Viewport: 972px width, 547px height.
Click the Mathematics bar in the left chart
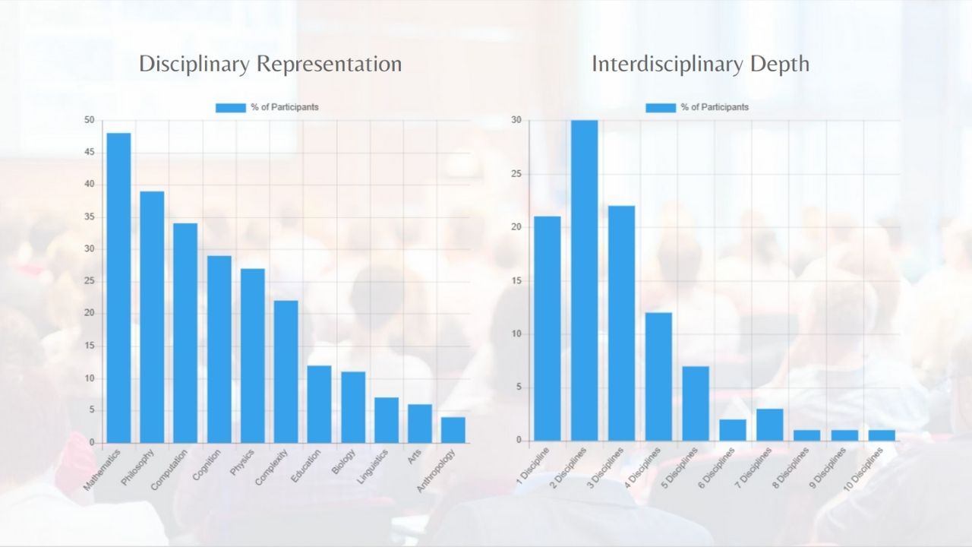pyautogui.click(x=118, y=288)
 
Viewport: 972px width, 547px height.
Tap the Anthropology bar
pyautogui.click(x=453, y=430)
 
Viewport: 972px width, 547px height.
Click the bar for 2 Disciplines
pyautogui.click(x=584, y=280)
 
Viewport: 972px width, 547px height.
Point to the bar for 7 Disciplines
pyautogui.click(x=770, y=425)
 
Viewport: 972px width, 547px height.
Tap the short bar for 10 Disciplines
pyautogui.click(x=881, y=435)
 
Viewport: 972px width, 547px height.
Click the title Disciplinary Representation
pyautogui.click(x=270, y=64)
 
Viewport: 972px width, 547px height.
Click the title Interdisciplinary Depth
pyautogui.click(x=700, y=64)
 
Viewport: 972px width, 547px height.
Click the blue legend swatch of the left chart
pyautogui.click(x=230, y=107)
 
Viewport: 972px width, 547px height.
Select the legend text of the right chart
pyautogui.click(x=715, y=107)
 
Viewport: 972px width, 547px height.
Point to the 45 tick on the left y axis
pyautogui.click(x=90, y=152)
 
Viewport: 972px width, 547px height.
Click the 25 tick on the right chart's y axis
pyautogui.click(x=516, y=174)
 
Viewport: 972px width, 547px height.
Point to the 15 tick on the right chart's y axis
pyautogui.click(x=516, y=281)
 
